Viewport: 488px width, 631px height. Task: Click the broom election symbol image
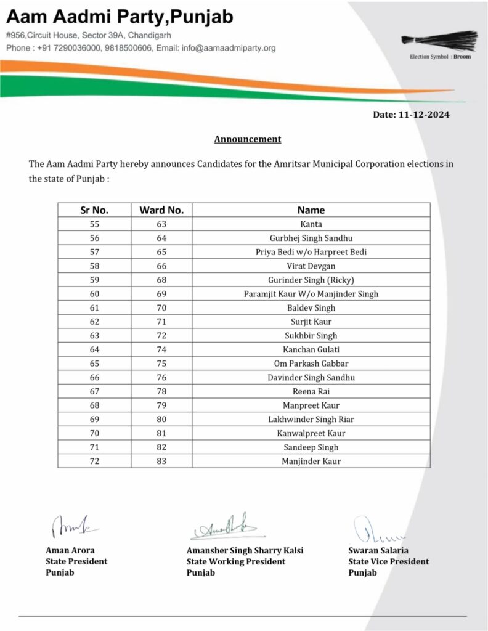tap(439, 40)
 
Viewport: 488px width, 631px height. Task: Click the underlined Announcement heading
tap(247, 139)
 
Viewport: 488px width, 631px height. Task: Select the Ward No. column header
tap(161, 210)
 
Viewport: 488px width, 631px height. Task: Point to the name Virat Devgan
tap(311, 266)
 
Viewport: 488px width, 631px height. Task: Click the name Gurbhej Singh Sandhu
tap(311, 238)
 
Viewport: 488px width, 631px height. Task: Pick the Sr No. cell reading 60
tap(94, 294)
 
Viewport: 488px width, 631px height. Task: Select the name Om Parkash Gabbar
tap(311, 364)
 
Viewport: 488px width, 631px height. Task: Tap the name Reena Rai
tap(311, 391)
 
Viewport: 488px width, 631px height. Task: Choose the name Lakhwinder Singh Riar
tap(311, 419)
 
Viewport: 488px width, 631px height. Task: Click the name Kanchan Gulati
tap(311, 349)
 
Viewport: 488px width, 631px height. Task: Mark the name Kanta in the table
tap(311, 224)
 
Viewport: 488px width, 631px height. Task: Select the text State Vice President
tap(388, 561)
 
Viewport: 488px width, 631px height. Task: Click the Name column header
tap(311, 210)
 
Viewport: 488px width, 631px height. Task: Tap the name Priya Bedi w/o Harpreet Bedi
tap(311, 252)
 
